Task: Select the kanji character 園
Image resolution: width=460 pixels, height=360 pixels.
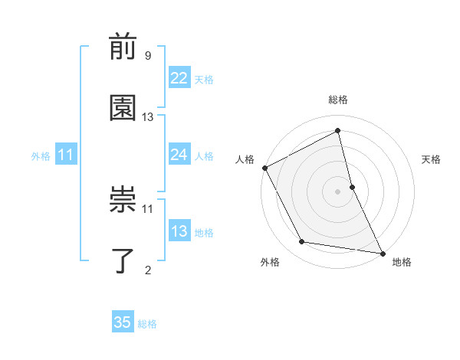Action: [x=123, y=109]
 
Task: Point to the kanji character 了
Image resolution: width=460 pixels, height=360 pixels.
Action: [x=123, y=260]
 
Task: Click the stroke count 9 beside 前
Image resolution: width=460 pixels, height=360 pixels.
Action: [x=148, y=56]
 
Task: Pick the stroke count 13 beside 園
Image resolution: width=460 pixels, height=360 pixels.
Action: [x=148, y=116]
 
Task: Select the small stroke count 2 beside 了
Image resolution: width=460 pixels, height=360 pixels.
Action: [x=148, y=269]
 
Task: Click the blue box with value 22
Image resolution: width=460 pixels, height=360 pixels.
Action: [x=179, y=79]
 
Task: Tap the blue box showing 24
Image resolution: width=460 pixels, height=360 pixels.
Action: [x=179, y=155]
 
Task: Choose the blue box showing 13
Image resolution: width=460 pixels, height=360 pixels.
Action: [x=179, y=232]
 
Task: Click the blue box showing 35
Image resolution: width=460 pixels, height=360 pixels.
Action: [x=123, y=322]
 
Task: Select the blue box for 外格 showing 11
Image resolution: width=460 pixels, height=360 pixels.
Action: [x=66, y=155]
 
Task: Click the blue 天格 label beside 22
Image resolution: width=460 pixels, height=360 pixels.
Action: [x=204, y=80]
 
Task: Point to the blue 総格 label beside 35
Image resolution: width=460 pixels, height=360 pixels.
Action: [x=147, y=323]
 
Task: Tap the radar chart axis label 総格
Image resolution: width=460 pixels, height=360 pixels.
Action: [x=338, y=100]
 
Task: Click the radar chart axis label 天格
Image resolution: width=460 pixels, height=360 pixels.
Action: [x=432, y=159]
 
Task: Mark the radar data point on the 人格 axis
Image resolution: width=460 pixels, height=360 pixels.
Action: [x=264, y=168]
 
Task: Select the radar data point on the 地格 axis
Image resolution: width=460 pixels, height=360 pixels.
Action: [x=382, y=252]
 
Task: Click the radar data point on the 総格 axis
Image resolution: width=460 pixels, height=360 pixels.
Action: [x=338, y=131]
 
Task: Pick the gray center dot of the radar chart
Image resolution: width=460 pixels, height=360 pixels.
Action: [x=338, y=191]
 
